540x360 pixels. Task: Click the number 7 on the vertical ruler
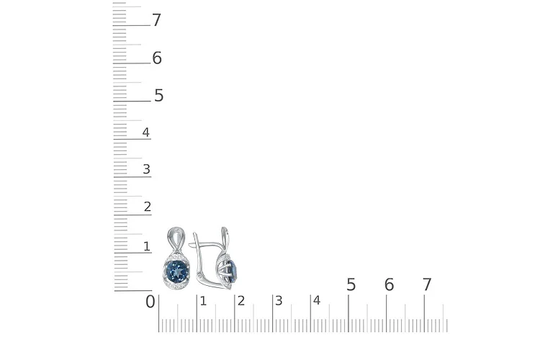(156, 20)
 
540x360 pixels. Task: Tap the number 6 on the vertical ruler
(157, 58)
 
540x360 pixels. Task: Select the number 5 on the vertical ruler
(158, 96)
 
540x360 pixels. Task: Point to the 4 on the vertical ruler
(146, 132)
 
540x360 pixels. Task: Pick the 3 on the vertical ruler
(146, 169)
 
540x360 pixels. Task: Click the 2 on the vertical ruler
(148, 207)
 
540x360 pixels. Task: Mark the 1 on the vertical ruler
(147, 246)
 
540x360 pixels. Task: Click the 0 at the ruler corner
(150, 302)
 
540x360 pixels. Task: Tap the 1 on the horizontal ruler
(203, 301)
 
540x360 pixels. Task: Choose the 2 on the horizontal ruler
(241, 301)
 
